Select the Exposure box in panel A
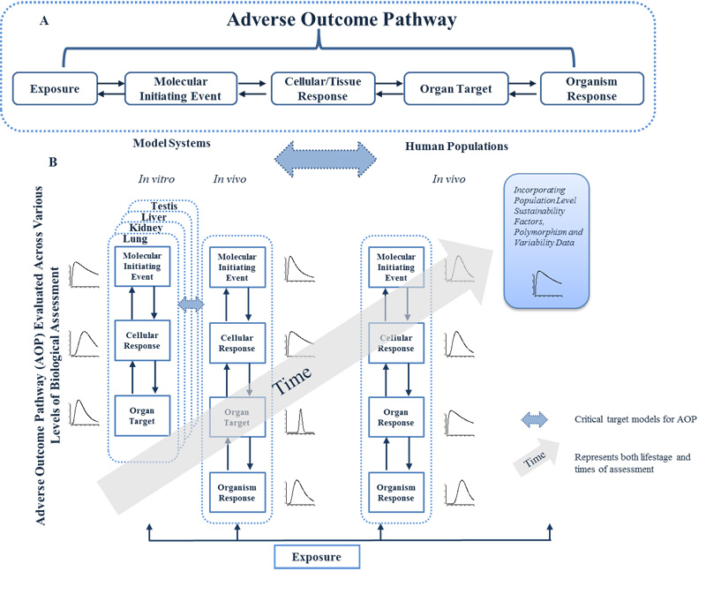point(55,89)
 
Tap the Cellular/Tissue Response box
point(315,89)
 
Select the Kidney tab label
point(143,229)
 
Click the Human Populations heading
point(455,146)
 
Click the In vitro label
point(156,178)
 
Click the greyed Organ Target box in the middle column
point(237,417)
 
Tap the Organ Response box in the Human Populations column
point(396,417)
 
